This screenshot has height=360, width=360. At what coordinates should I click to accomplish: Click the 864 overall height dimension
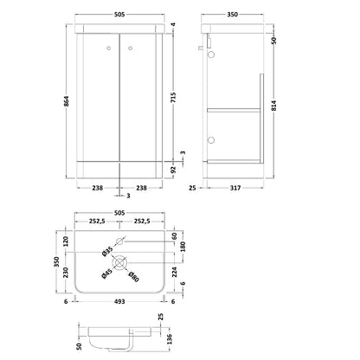coord(67,101)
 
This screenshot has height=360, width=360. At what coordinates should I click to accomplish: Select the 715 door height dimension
coord(173,98)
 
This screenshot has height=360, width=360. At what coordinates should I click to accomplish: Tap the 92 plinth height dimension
coord(173,170)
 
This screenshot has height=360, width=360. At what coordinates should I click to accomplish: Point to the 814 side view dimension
coord(273,106)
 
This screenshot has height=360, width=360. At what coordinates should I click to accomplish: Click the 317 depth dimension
coord(235,188)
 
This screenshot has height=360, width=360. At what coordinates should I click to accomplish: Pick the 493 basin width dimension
coord(119,301)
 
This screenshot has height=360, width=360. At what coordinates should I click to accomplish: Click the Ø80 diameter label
coord(133,277)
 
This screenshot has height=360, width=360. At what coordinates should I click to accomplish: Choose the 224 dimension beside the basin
coord(175,273)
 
